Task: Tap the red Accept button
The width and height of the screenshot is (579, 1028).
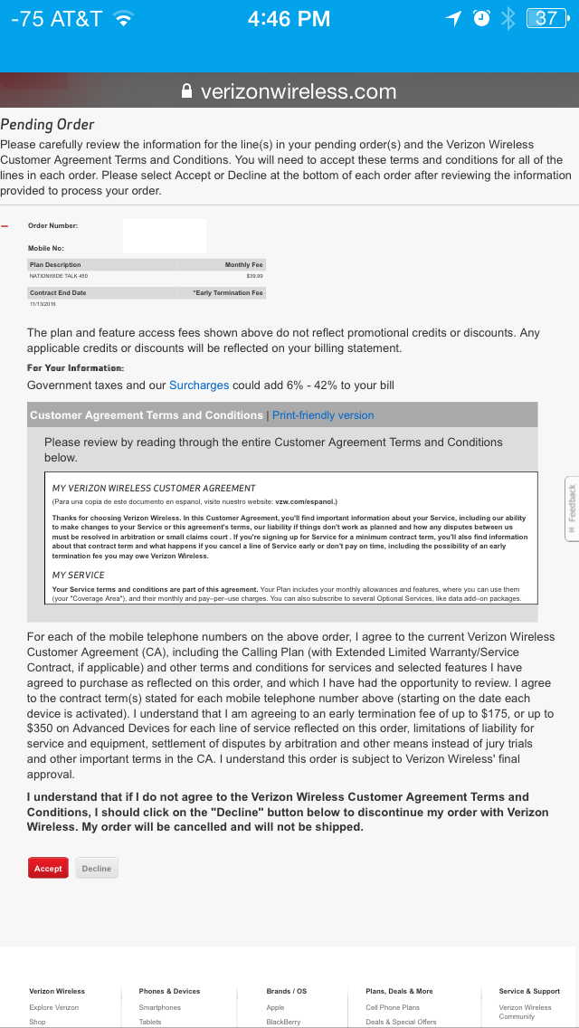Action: (x=48, y=868)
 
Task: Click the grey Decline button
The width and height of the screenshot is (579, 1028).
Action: (x=97, y=868)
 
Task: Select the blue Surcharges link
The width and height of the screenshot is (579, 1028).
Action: (x=199, y=385)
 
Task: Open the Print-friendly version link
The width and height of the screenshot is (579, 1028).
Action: (x=323, y=415)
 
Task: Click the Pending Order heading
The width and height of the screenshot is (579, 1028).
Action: (x=47, y=124)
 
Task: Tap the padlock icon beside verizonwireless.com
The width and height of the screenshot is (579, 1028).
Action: (x=187, y=91)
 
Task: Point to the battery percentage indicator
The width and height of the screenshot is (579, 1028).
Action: (x=546, y=18)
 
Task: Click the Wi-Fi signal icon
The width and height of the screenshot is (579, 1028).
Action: (x=124, y=18)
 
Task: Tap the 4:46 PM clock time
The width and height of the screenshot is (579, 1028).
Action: (x=289, y=18)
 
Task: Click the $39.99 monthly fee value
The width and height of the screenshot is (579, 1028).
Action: (x=254, y=275)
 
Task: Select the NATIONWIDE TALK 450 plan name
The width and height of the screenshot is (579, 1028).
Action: (x=59, y=275)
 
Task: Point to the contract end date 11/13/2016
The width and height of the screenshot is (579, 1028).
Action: (x=43, y=304)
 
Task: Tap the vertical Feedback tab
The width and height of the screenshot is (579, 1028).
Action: (x=572, y=509)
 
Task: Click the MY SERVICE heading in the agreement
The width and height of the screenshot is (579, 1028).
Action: (x=79, y=575)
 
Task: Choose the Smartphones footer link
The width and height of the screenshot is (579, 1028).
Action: (x=159, y=1007)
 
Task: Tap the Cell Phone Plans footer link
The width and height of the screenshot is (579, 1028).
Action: (x=393, y=1007)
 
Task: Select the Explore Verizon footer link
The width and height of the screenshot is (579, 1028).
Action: (x=53, y=1007)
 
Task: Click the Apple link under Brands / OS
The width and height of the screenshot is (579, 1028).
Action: (x=275, y=1007)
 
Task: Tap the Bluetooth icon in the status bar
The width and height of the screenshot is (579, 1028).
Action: (x=508, y=18)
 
